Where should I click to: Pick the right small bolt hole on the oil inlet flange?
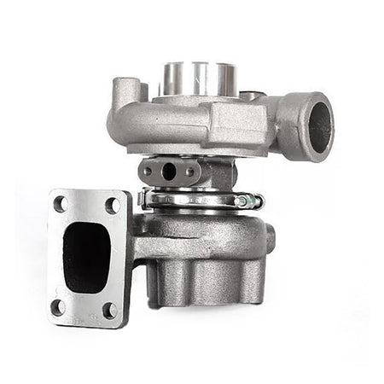pyautogui.click(x=189, y=170)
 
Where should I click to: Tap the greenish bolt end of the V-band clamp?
pyautogui.click(x=250, y=202)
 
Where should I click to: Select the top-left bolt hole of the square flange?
pyautogui.click(x=61, y=203)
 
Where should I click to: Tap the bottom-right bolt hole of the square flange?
pyautogui.click(x=109, y=310)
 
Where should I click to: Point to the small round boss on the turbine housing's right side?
pyautogui.click(x=271, y=239)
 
